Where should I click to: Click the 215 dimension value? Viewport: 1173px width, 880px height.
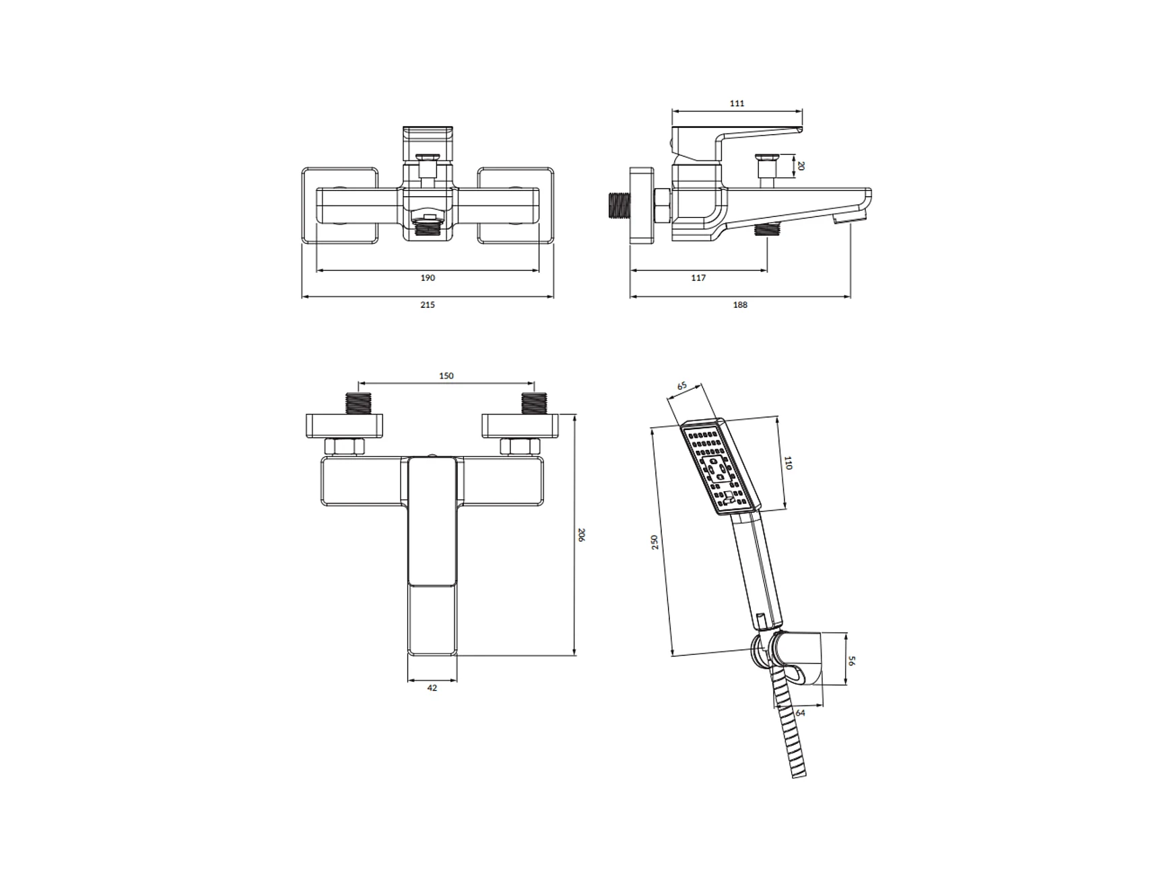click(428, 305)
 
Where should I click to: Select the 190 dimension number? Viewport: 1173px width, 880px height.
click(428, 278)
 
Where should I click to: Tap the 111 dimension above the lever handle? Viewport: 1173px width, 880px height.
click(737, 103)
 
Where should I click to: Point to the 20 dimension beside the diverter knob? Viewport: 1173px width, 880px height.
click(801, 166)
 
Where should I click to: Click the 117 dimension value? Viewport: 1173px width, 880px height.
click(698, 278)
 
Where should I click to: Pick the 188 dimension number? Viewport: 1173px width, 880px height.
click(740, 305)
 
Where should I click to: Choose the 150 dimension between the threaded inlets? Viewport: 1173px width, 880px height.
click(446, 376)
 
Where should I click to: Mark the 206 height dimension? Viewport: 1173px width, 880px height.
click(582, 535)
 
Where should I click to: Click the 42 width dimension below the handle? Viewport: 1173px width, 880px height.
click(432, 688)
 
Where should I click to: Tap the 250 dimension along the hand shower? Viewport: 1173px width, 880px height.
click(655, 542)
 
